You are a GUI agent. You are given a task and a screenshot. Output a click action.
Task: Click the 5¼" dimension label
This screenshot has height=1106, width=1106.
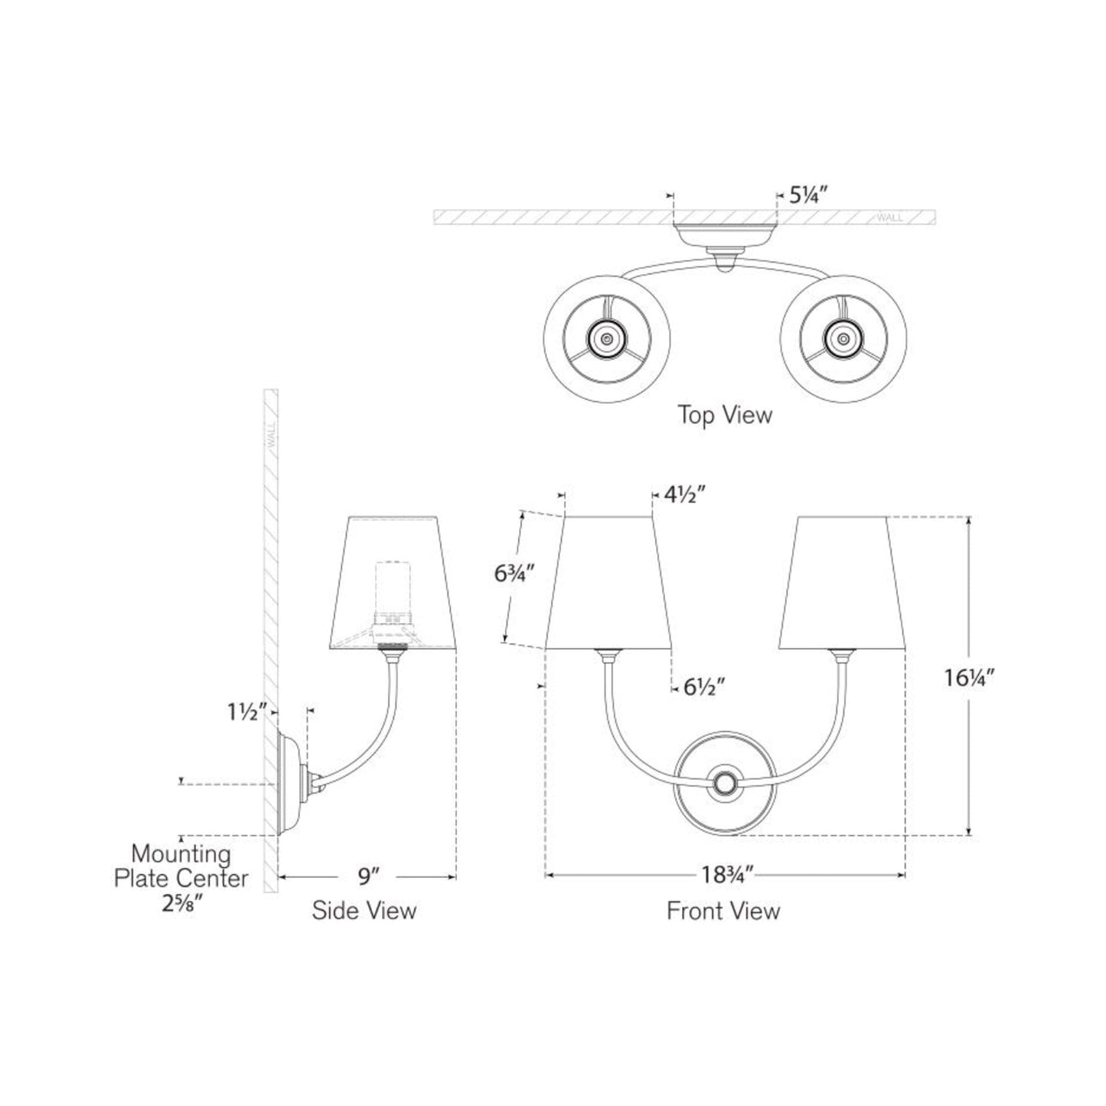coord(805,196)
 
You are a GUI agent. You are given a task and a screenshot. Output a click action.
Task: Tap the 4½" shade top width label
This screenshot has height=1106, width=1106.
coord(684,495)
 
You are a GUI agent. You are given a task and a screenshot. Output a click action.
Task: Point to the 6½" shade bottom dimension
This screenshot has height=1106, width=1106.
coord(703,687)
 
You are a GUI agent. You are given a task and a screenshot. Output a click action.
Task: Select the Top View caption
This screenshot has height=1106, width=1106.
coord(725,416)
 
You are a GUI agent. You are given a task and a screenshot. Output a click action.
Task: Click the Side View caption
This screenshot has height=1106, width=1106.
coord(364,911)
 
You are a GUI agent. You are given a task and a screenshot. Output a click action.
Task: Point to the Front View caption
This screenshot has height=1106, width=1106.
coord(723,911)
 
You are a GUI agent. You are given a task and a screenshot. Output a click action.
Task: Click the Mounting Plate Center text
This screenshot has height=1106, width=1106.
coord(181,866)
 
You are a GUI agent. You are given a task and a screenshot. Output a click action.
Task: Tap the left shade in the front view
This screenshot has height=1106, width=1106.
coord(608,582)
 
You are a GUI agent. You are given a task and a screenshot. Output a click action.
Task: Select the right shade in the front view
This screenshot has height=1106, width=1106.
coord(843,582)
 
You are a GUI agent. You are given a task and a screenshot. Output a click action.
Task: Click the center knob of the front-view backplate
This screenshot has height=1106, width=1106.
coord(724,784)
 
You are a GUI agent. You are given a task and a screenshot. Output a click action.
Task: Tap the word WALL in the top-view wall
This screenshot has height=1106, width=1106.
coord(890,217)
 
